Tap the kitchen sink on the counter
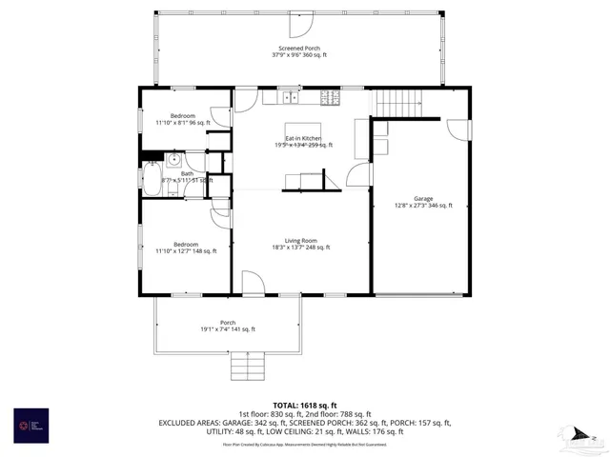click(x=289, y=96)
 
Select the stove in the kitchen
click(x=330, y=96)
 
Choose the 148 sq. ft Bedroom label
click(x=187, y=248)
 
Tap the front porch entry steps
click(x=247, y=365)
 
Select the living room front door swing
click(x=254, y=283)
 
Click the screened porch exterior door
click(x=300, y=22)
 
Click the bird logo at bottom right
click(x=579, y=435)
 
